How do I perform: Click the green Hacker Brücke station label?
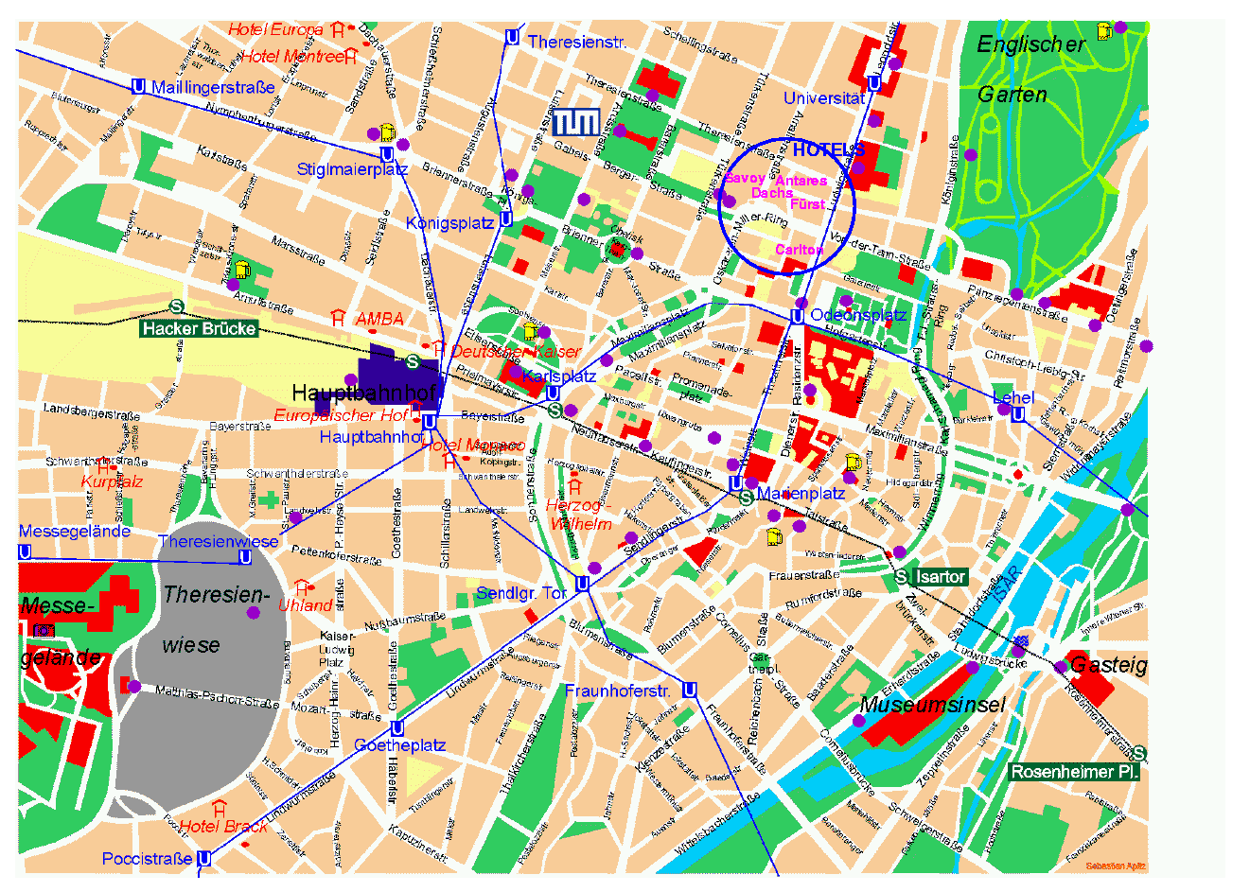[199, 328]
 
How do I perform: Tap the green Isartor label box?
[940, 576]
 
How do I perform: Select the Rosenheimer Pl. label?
[1074, 772]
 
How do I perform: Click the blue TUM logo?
[575, 121]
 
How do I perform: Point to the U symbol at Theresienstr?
[512, 38]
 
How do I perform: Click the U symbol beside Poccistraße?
[202, 858]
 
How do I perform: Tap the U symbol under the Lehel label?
[1017, 414]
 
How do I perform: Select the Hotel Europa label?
[275, 29]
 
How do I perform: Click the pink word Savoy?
[745, 178]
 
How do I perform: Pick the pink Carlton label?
[799, 250]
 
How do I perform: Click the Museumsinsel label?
[931, 705]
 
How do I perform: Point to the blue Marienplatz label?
[801, 494]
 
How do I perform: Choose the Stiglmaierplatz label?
[352, 169]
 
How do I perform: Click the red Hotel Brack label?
[223, 826]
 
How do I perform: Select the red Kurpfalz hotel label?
[112, 482]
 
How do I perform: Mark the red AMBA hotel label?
[379, 319]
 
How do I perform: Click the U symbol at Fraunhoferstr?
[690, 690]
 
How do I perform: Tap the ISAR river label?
[1007, 587]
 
